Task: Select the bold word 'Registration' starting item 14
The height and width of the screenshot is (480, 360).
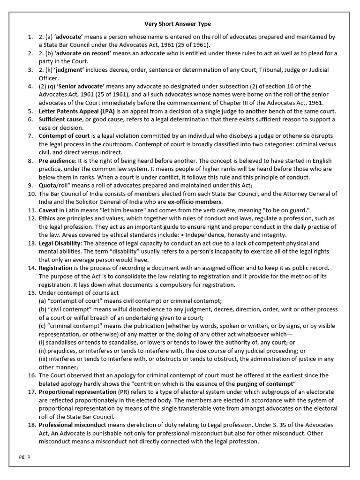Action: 55,268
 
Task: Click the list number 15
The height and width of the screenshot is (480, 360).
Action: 31,292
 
